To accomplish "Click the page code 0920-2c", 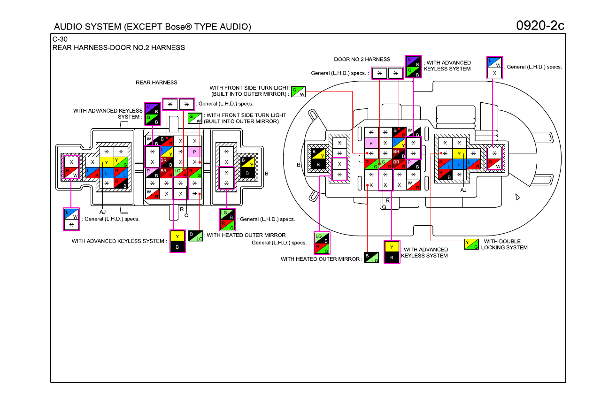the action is (540, 26).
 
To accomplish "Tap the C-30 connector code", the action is (60, 39).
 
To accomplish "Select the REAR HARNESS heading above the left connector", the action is (156, 83).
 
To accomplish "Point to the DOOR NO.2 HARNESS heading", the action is (362, 59).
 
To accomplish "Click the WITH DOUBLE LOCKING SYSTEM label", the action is (504, 244).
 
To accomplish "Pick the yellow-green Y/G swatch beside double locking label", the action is (471, 244).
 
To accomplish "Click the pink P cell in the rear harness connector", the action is (194, 152).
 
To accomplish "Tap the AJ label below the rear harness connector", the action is (102, 212).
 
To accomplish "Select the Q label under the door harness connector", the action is (384, 207).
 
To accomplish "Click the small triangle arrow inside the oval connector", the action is (517, 197).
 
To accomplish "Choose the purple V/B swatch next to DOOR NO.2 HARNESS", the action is (413, 61).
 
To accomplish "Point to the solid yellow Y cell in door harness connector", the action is (459, 154).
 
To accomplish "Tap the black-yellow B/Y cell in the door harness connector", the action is (318, 154).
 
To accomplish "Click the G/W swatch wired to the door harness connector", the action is (298, 92).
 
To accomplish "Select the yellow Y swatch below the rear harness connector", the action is (177, 236).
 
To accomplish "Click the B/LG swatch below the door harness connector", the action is (371, 258).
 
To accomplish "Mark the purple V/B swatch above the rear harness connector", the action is (153, 109).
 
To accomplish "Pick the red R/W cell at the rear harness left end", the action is (71, 173).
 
